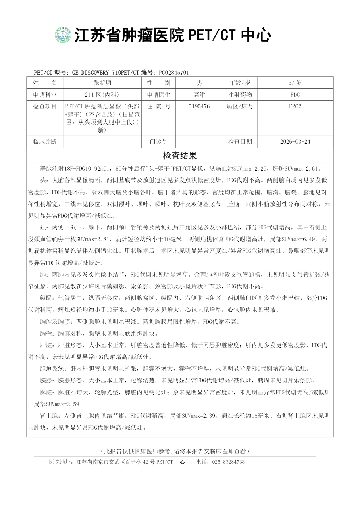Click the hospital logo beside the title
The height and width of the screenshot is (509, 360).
click(x=63, y=35)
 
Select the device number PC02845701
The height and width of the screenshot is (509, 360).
click(x=174, y=73)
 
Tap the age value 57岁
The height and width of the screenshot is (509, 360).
click(x=295, y=83)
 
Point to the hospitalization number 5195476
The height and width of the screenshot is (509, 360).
click(x=199, y=107)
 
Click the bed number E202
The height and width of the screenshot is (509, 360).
click(x=295, y=107)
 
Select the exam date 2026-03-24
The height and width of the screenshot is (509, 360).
click(x=295, y=142)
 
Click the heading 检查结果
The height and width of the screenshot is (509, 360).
click(x=180, y=156)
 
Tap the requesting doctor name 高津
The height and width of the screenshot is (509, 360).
click(x=199, y=95)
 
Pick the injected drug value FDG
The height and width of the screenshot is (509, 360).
click(x=295, y=95)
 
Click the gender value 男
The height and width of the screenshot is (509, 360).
click(x=199, y=83)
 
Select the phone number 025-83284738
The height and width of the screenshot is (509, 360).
click(x=228, y=462)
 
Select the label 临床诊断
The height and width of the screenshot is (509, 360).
click(x=45, y=142)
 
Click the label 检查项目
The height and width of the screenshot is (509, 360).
click(x=45, y=107)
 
